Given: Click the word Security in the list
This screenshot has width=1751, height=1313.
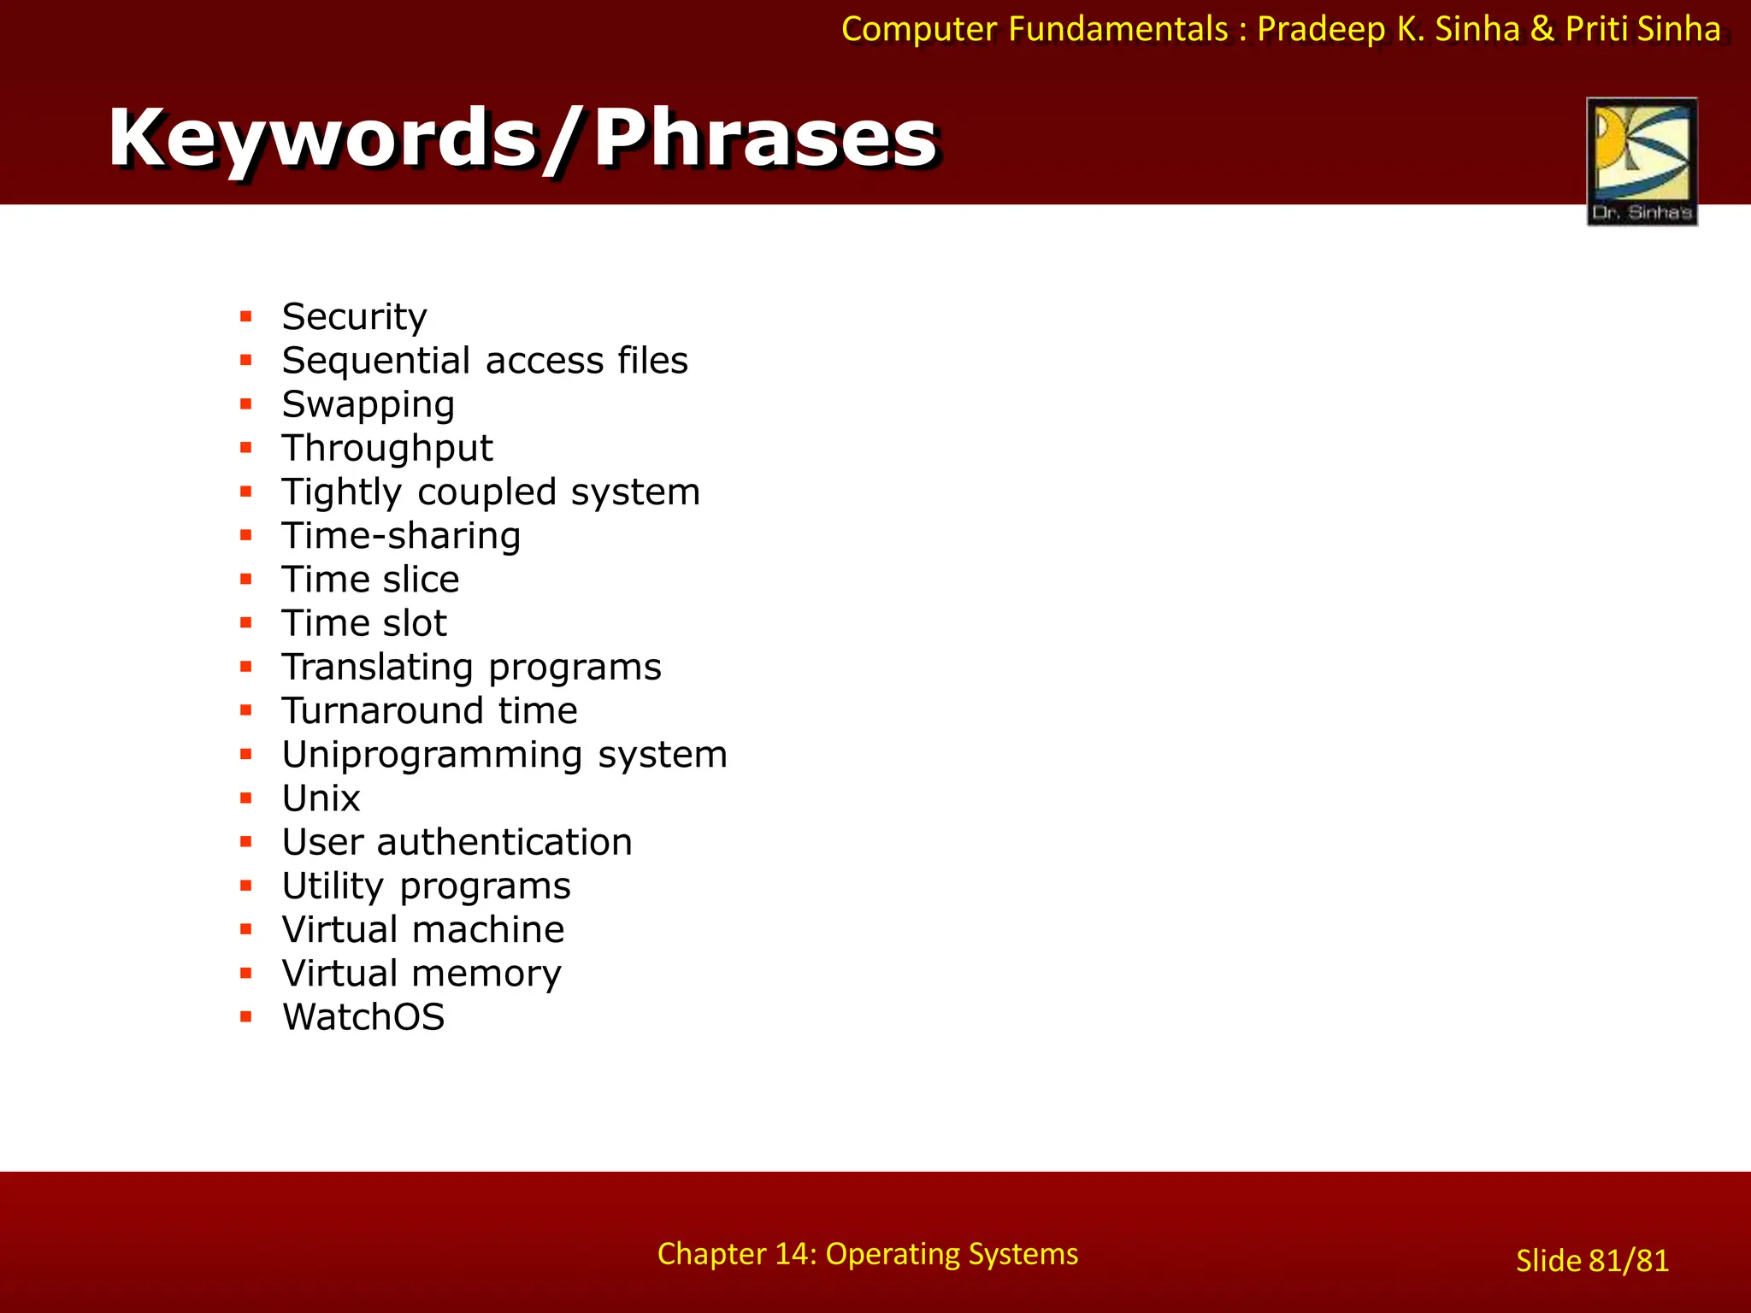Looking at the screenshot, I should click(354, 317).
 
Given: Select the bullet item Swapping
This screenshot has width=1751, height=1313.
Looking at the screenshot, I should click(368, 405).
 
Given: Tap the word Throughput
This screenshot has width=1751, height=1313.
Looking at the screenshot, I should click(387, 449).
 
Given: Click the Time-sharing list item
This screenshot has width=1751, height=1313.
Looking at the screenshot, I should click(401, 536).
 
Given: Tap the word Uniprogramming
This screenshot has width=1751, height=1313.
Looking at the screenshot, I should click(433, 756).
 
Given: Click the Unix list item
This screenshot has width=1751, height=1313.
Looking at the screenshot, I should click(321, 799).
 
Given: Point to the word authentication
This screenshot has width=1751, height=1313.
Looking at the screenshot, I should click(504, 843).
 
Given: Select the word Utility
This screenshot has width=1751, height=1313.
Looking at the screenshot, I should click(333, 886).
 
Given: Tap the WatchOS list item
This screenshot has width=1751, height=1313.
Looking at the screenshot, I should click(363, 1017).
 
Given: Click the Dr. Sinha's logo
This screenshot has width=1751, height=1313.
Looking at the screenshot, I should click(1642, 162).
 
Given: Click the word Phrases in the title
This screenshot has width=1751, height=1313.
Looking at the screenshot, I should click(765, 138).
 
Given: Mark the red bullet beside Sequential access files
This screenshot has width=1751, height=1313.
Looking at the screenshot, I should click(246, 361).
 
